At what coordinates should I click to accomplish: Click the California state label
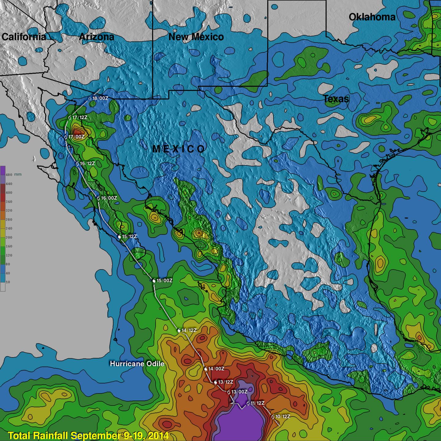point(24,37)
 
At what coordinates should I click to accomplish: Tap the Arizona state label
point(96,37)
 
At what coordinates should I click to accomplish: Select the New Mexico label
point(196,37)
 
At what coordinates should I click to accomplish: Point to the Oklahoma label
point(372,17)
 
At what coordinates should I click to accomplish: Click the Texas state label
point(336,99)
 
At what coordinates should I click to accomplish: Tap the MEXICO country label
point(179,149)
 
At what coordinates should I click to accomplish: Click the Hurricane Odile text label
point(137,364)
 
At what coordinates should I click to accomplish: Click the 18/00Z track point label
point(100,98)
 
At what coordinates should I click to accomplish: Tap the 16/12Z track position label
point(87,164)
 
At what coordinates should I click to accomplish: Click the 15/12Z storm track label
point(129,236)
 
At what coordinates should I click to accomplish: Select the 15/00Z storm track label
point(164,281)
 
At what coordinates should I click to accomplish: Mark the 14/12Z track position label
point(189,330)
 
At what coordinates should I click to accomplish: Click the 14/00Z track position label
point(216,369)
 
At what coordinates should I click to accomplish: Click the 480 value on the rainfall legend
point(9,175)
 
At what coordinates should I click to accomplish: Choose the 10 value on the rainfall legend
point(8,282)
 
